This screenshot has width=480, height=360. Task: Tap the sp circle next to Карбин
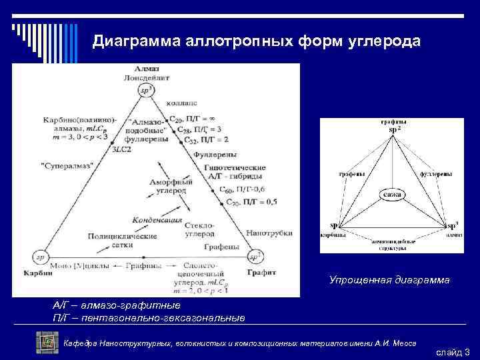40,256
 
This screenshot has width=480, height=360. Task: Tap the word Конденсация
157,219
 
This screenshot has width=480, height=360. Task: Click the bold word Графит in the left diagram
257,271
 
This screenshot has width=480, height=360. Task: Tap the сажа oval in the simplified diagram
392,194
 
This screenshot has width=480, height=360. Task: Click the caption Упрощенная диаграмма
389,281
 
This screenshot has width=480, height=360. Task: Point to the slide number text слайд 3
453,351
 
